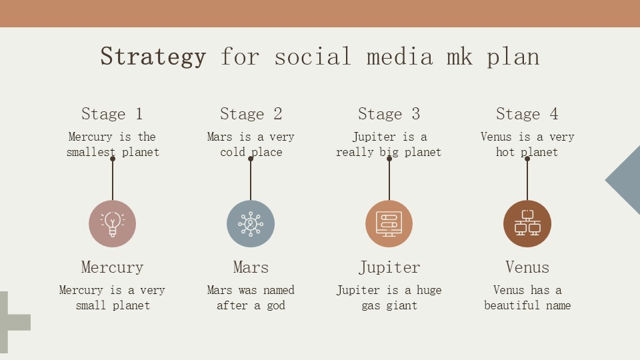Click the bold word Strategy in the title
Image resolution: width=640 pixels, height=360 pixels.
point(153,56)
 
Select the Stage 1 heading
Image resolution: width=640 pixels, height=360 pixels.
point(112,114)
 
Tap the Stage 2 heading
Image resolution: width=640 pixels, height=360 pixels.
point(251,114)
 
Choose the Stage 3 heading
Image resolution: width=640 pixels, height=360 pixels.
point(389,114)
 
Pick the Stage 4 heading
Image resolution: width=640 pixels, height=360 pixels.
point(527,114)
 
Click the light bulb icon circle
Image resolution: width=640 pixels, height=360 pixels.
point(112,223)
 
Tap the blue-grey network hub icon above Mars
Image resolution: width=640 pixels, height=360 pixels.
point(251,223)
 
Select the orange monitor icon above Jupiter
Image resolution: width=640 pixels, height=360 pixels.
point(389,223)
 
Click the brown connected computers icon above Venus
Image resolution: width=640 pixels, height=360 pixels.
point(527,223)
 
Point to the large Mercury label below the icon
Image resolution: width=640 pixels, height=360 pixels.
point(112,267)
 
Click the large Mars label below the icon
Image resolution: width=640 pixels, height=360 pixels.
point(251,267)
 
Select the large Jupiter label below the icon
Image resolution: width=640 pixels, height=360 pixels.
point(389,267)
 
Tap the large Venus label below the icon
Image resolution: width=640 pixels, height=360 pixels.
point(527,267)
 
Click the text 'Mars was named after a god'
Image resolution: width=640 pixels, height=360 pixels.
point(251,297)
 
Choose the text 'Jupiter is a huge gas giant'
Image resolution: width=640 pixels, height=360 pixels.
point(389,297)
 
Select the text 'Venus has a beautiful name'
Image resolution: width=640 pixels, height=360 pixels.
point(527,297)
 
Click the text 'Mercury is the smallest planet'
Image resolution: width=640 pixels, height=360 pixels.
point(112,144)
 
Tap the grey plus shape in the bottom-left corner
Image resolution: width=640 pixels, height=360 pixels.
point(11,321)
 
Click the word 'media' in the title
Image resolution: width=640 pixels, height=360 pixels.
point(399,56)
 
